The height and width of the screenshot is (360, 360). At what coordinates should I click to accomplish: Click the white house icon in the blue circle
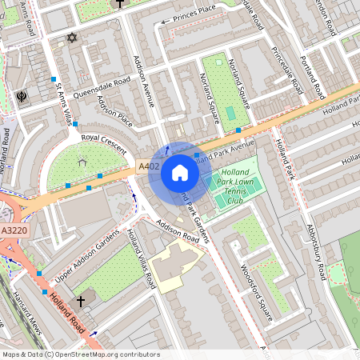[180, 173]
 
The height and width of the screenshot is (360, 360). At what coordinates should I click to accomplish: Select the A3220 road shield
[14, 230]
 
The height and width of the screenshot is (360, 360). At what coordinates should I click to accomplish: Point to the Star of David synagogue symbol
[71, 38]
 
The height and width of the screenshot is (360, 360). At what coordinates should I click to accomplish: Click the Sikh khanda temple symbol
[20, 97]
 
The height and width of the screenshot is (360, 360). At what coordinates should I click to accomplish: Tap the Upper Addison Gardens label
[81, 262]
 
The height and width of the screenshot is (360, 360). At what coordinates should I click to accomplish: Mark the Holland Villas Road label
[142, 259]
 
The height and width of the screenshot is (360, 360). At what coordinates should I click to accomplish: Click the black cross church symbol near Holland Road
[81, 301]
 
